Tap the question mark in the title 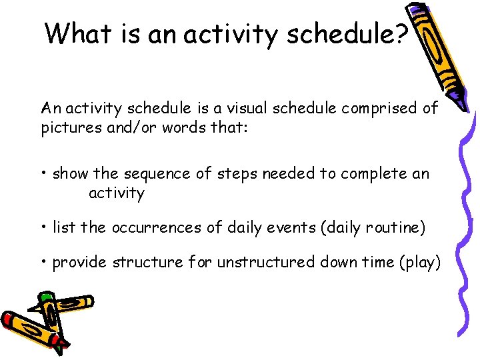point(400,33)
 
